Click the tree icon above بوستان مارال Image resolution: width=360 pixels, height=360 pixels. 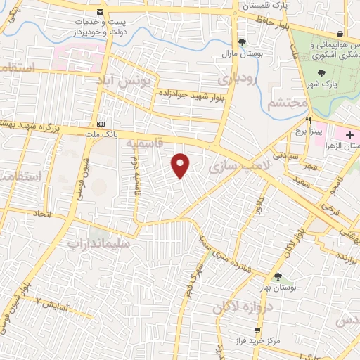pyautogui.click(x=242, y=41)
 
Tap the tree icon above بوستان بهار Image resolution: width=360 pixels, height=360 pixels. pyautogui.click(x=278, y=276)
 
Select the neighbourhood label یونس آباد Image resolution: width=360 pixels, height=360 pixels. pyautogui.click(x=126, y=82)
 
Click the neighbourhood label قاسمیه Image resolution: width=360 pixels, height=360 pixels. pyautogui.click(x=140, y=143)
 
